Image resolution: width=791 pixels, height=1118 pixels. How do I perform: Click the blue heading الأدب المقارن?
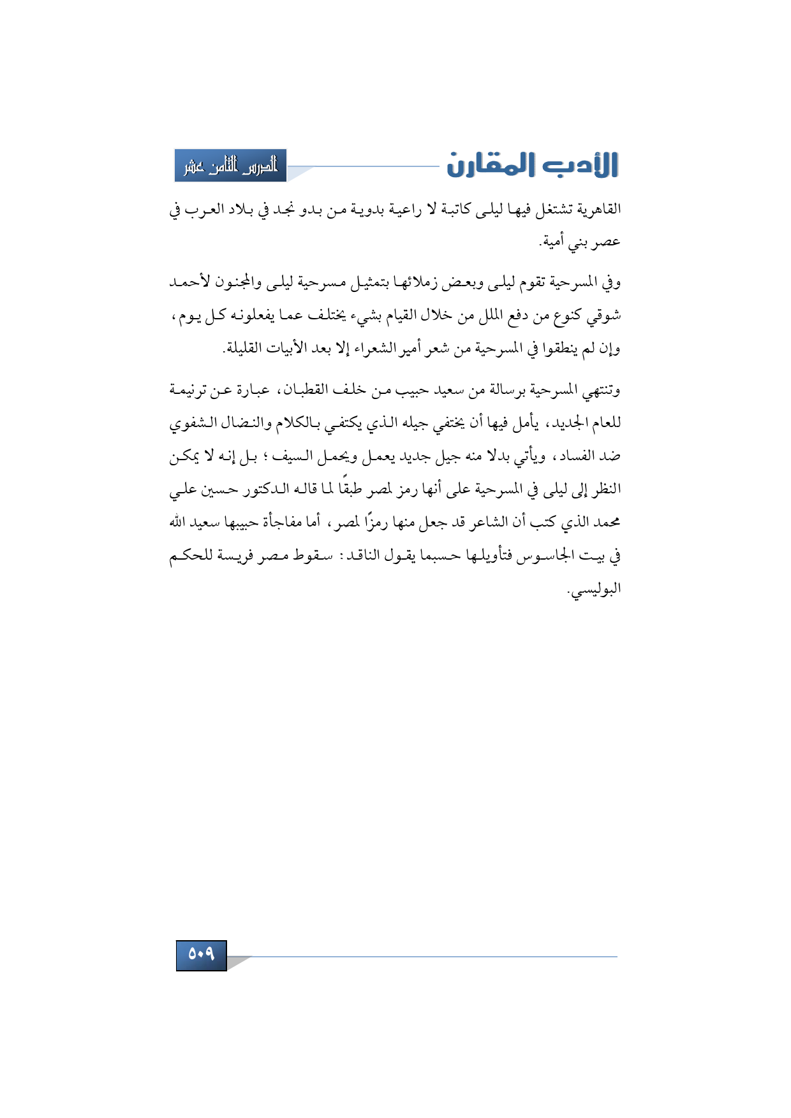point(532,165)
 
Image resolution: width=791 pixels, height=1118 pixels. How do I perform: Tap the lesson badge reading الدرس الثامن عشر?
point(231,166)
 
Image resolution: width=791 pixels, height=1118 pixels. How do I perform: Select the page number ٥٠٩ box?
point(201,954)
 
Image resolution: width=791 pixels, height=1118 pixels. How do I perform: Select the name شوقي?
point(603,316)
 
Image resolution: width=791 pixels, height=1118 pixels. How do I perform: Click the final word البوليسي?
point(596,589)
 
